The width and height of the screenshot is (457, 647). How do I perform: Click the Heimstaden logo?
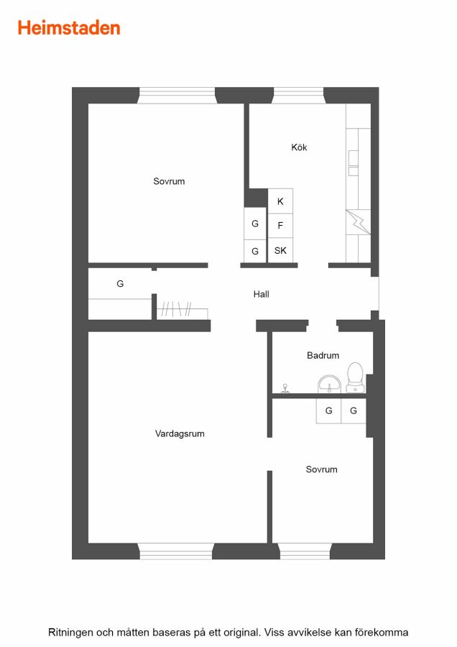(69, 28)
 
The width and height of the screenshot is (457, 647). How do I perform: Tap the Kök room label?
(299, 147)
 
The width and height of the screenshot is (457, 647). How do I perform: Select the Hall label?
(261, 294)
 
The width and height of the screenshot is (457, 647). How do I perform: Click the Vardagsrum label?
(180, 433)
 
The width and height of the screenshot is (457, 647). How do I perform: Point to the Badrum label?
(323, 355)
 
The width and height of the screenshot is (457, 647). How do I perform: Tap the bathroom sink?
(329, 384)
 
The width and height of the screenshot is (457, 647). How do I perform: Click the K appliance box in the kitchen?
(280, 201)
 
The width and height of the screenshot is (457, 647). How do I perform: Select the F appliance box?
(280, 225)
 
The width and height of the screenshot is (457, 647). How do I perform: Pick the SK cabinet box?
(280, 250)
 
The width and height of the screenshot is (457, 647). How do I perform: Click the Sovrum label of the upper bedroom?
(169, 181)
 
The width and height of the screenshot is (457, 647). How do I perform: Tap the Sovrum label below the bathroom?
(322, 469)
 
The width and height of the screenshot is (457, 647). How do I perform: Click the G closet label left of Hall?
(120, 283)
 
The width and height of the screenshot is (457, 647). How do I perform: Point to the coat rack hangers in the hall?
(176, 309)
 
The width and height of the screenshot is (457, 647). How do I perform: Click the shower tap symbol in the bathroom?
(285, 388)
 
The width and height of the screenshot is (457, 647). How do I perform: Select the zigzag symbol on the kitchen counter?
(358, 221)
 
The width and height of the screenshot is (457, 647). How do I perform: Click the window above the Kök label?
(299, 96)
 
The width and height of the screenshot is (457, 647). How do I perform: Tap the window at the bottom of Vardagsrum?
(176, 551)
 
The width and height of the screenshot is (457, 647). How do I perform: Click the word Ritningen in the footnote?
(70, 632)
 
